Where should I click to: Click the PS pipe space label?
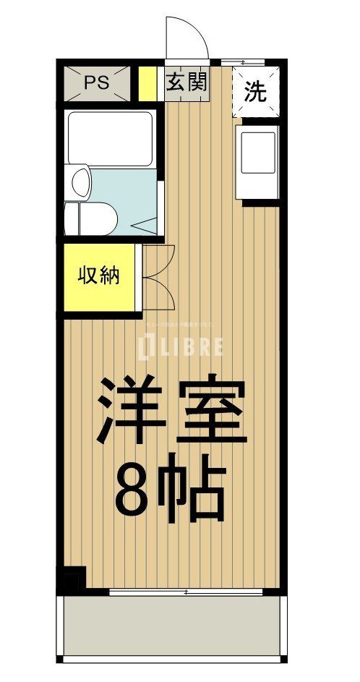[97, 82]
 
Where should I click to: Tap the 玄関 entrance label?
[187, 82]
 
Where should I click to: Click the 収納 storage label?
[99, 276]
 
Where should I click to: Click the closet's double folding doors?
[157, 278]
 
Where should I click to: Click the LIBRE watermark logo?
[180, 346]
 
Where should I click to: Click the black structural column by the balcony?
[73, 579]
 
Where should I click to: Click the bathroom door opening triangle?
[144, 225]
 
